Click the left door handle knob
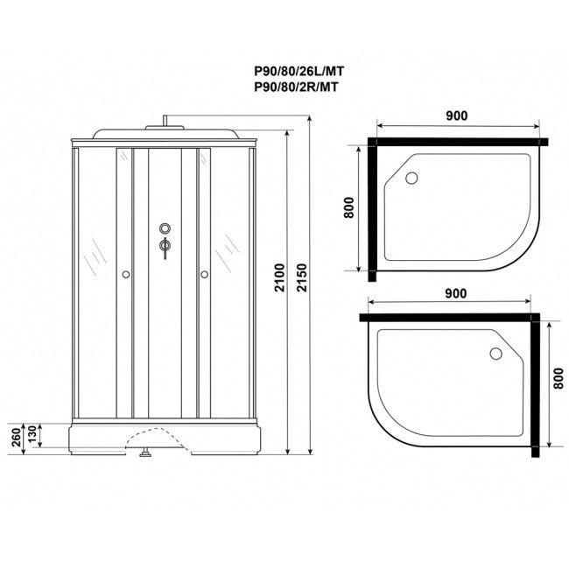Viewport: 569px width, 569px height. pyautogui.click(x=127, y=276)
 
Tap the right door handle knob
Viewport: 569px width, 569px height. pyautogui.click(x=204, y=276)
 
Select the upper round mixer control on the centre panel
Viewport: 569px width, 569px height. pyautogui.click(x=165, y=230)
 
